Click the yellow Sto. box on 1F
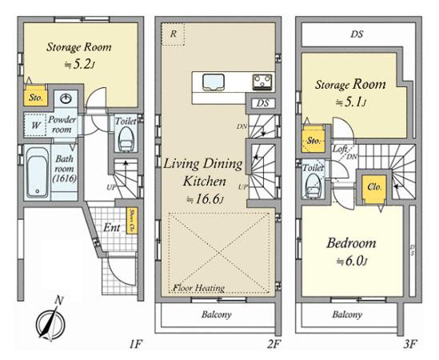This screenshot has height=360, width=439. (35, 98)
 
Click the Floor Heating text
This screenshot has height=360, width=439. (197, 288)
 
